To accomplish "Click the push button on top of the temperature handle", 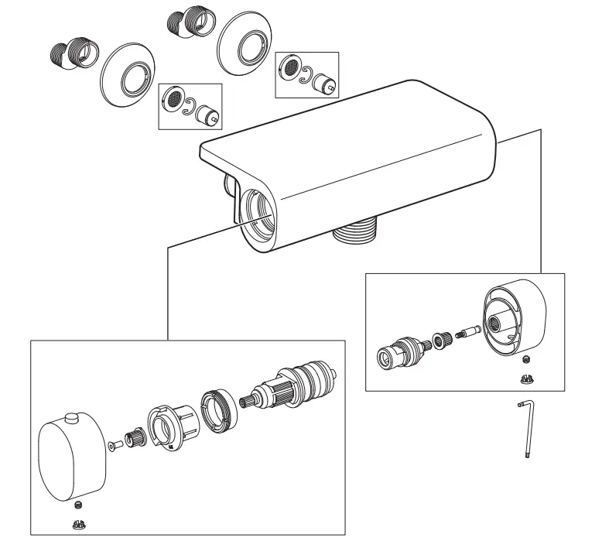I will [73, 419].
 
